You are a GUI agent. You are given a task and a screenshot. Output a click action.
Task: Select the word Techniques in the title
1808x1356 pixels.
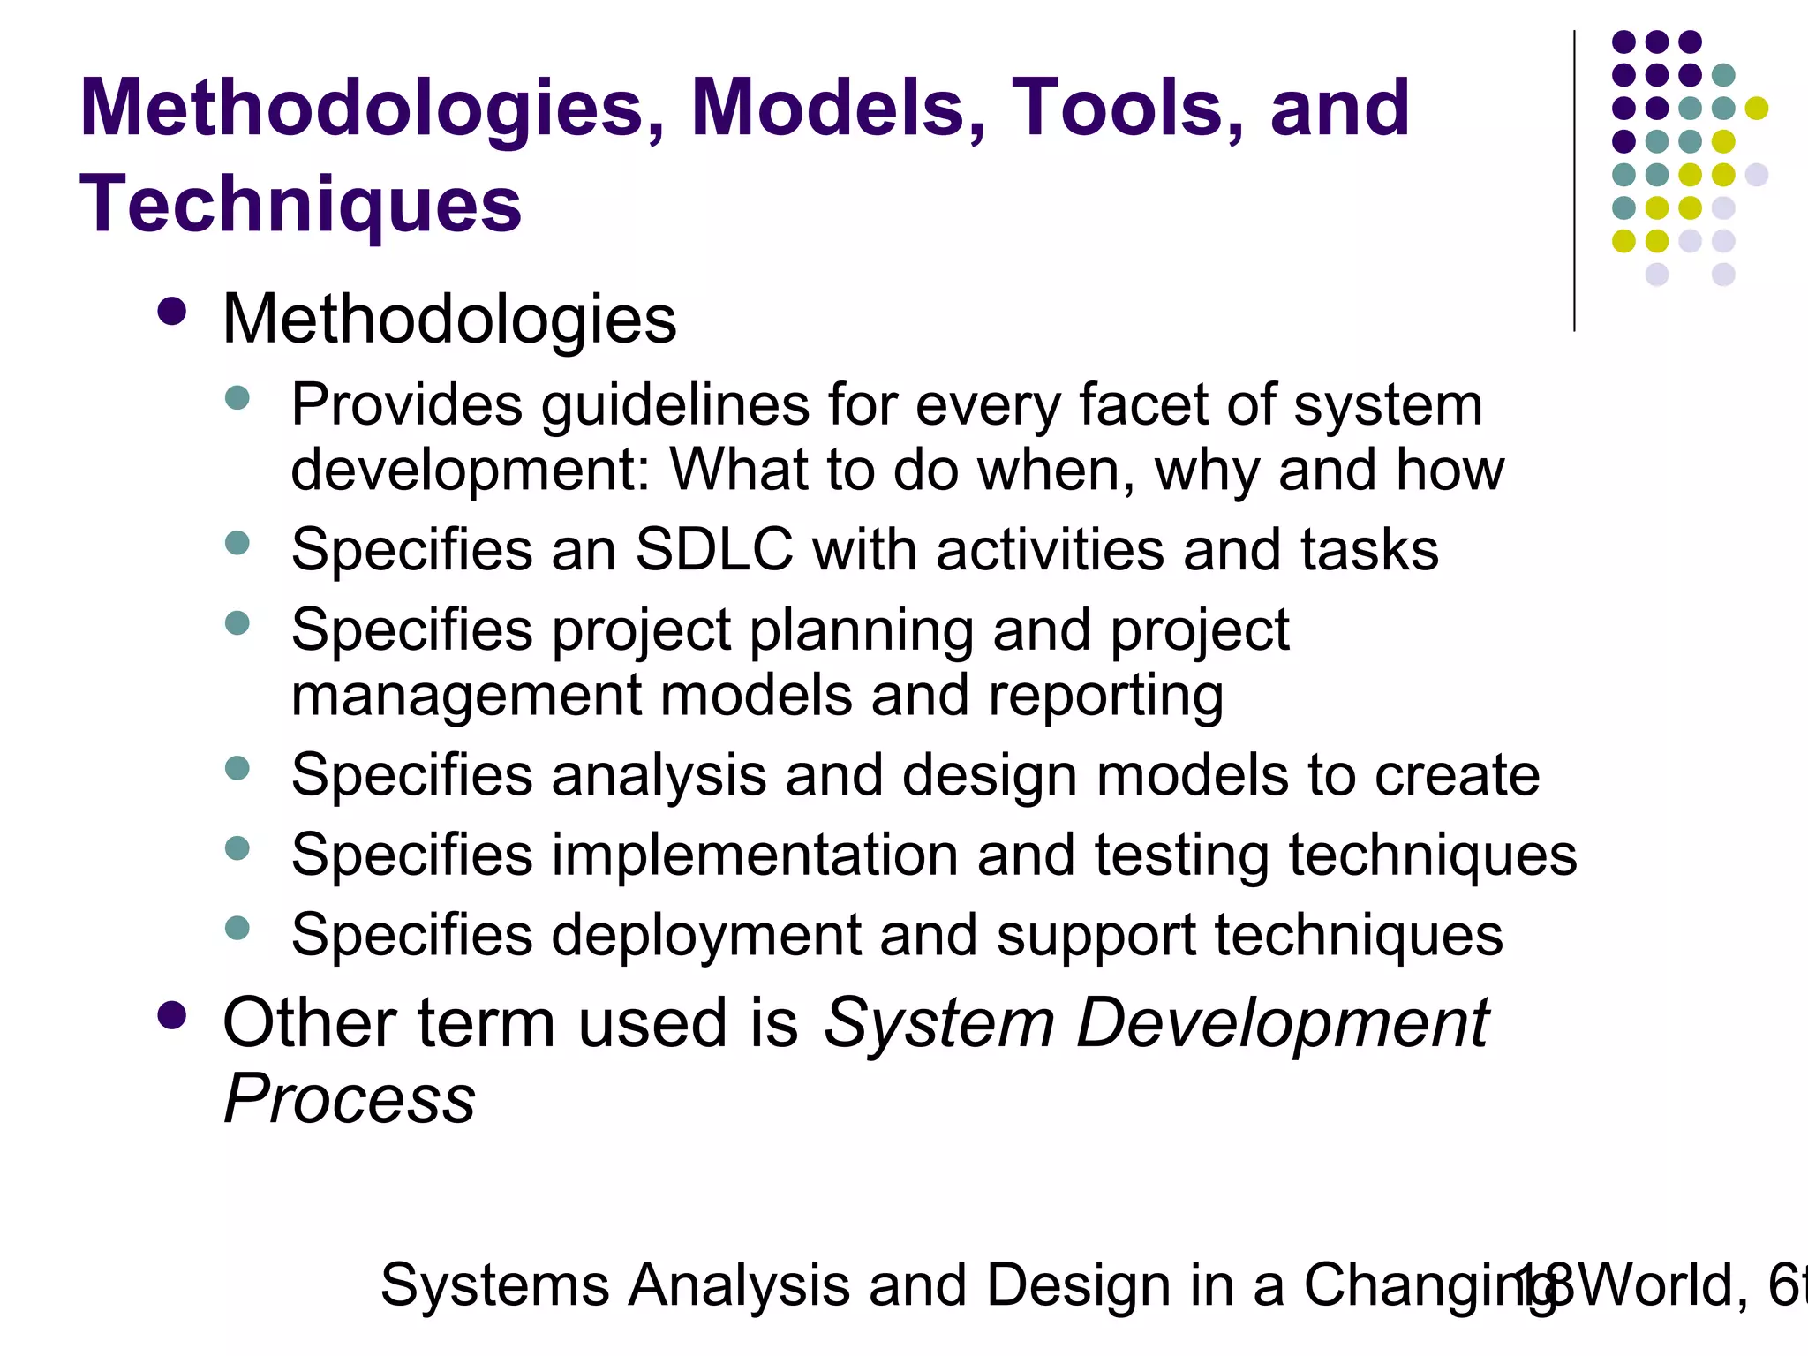point(301,205)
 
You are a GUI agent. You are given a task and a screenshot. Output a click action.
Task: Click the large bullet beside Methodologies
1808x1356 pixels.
point(171,312)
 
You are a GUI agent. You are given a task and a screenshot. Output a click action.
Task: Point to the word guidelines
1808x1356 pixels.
point(674,406)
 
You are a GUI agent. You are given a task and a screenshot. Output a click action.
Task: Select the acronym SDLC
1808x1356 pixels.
point(714,549)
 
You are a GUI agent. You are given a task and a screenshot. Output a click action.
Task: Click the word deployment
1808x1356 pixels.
point(705,936)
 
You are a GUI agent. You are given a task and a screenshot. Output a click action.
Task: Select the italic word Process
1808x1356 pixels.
point(350,1100)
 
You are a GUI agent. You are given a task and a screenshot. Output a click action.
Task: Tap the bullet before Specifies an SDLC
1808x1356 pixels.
point(237,542)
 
